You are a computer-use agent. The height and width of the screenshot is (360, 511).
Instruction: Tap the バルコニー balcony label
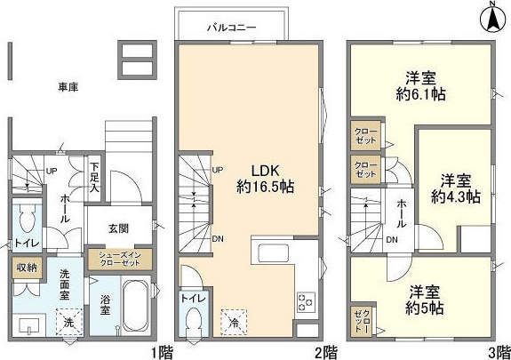[x=232, y=28]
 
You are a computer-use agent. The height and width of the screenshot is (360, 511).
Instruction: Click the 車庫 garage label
[x=68, y=87]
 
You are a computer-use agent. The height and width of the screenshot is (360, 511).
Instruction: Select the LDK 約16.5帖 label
[x=265, y=179]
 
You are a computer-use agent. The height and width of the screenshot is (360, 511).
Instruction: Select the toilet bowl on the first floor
[x=28, y=219]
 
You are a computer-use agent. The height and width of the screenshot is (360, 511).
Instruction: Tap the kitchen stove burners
[x=306, y=302]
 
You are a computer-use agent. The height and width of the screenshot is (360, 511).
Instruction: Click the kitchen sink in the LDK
[x=274, y=253]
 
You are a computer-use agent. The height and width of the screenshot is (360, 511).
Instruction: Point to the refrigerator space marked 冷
[x=234, y=323]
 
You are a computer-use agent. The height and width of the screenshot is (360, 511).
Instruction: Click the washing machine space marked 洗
[x=68, y=322]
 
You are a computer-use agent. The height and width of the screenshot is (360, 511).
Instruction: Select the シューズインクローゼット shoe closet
[x=120, y=260]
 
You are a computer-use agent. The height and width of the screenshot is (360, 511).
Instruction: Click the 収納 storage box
[x=27, y=268]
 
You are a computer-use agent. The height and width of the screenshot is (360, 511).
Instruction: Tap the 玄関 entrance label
[x=118, y=228]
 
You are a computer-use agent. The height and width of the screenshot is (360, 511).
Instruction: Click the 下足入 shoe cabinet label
[x=95, y=178]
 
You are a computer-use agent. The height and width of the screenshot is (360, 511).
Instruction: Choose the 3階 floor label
[x=499, y=353]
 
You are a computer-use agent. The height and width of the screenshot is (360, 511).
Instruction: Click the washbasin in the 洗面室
[x=29, y=325]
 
